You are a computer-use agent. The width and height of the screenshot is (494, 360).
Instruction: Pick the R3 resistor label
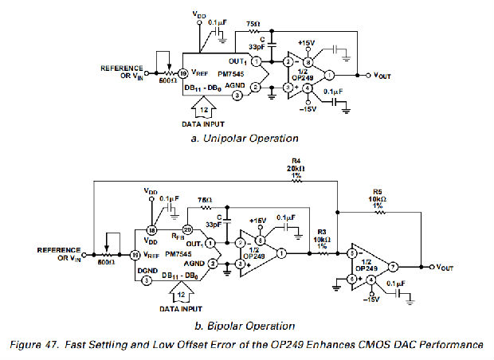323,231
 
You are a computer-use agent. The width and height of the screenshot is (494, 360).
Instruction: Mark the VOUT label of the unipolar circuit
383,75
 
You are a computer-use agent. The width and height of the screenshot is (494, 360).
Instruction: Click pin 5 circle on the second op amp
351,279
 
